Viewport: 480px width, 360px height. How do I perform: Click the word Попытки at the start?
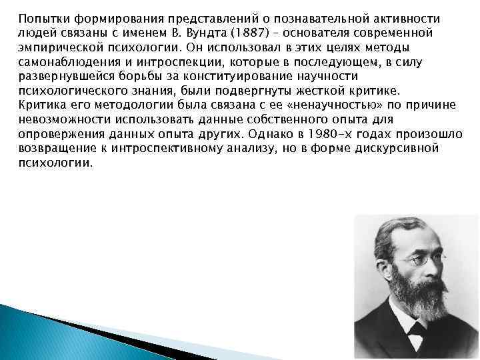(39, 18)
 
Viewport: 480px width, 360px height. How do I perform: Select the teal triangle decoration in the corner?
(40, 333)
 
